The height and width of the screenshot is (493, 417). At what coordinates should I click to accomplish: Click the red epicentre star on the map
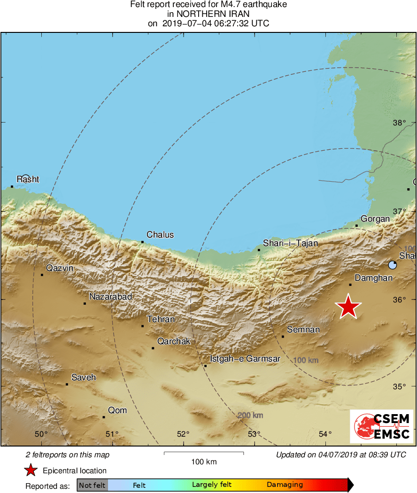348,307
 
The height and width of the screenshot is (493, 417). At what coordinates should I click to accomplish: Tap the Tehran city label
161,319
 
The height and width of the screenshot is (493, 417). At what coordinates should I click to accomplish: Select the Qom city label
117,410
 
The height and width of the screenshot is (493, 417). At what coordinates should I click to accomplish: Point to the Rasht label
28,179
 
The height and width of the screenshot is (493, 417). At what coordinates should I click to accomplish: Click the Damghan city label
373,278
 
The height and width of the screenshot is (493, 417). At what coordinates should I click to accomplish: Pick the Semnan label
303,330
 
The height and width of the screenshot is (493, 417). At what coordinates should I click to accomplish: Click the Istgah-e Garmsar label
245,359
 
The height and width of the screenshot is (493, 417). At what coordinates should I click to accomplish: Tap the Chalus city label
160,235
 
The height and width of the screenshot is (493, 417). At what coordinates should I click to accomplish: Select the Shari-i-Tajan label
290,243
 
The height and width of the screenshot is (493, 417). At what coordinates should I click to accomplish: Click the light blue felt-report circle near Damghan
393,265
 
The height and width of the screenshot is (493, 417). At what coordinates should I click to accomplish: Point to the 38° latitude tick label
399,123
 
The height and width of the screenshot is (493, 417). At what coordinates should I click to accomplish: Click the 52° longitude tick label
183,434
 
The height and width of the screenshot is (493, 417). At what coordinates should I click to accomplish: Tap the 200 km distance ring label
250,416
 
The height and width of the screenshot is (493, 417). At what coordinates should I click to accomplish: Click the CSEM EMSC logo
381,426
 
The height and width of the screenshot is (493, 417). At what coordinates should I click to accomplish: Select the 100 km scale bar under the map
204,453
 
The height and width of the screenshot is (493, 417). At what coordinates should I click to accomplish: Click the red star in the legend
31,470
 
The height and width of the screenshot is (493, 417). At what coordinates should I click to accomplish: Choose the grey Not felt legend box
92,485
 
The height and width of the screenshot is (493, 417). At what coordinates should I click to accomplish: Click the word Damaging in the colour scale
285,485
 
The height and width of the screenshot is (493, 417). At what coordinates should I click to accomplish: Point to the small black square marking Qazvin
42,275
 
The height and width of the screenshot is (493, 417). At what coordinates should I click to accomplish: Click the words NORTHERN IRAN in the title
208,14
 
